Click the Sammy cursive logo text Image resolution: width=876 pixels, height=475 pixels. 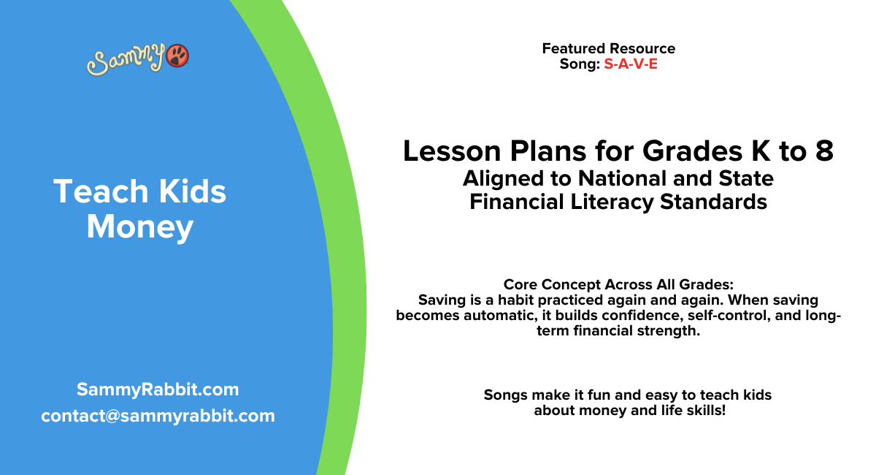coord(126,60)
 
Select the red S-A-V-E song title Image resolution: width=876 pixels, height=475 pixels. coord(631,64)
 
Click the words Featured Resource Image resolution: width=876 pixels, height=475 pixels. coord(608,48)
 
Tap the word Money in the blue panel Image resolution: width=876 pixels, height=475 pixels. coord(140,227)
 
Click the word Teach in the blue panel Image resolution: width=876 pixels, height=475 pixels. coord(93,191)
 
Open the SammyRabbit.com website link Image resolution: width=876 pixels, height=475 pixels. coord(158,389)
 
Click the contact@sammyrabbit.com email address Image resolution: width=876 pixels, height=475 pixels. coord(158,416)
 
